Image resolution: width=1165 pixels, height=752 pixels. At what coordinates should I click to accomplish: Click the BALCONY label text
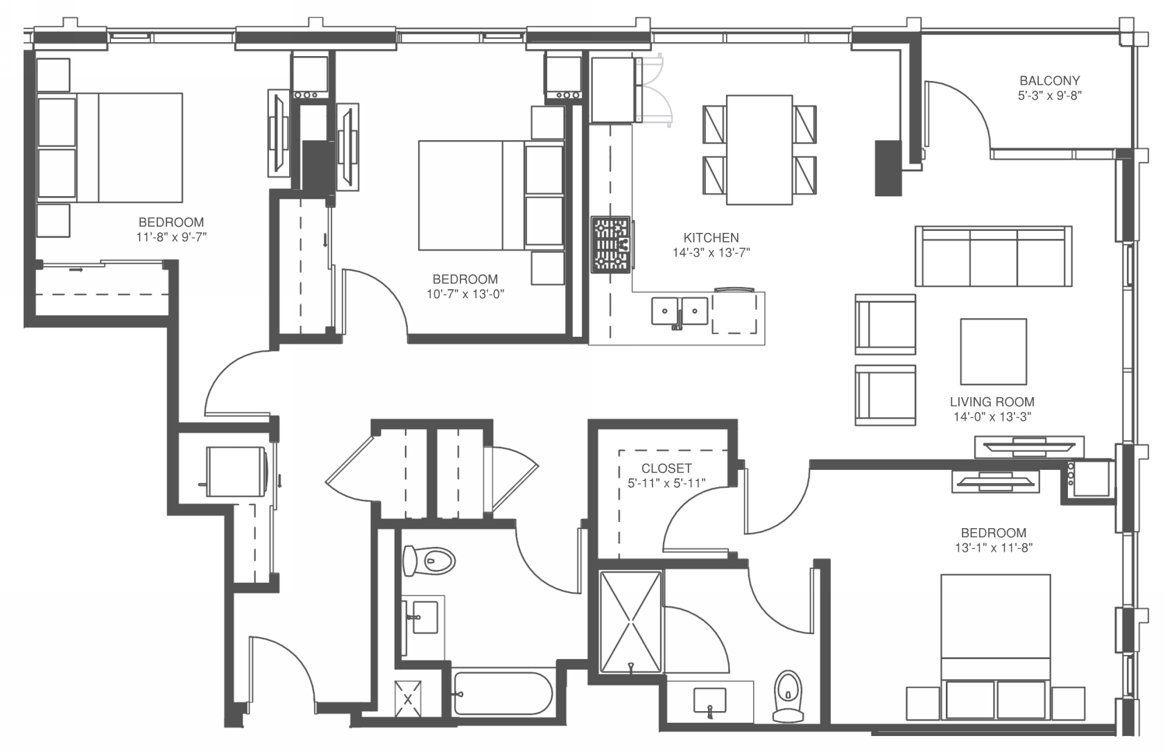(1049, 81)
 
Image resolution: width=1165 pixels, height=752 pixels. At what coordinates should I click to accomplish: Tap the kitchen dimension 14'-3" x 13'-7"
(711, 253)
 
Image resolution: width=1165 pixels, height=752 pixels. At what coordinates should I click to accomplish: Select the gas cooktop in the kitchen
(611, 243)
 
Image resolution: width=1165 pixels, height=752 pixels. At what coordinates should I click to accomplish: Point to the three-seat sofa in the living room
(993, 256)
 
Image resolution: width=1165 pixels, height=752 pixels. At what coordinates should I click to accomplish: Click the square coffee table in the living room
(993, 351)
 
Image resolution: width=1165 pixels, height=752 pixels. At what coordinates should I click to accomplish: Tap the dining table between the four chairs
(759, 150)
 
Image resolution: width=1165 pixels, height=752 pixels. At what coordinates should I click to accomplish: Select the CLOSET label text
(666, 469)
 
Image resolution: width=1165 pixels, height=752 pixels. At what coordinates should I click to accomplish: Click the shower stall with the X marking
(630, 622)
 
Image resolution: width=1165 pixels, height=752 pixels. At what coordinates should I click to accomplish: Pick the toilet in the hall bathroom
(430, 560)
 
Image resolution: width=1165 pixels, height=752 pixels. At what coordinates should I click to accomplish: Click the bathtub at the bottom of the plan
(503, 693)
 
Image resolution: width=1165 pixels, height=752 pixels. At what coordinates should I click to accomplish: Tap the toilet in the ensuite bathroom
(788, 694)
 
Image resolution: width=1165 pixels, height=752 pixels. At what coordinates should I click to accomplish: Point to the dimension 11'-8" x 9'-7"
(171, 237)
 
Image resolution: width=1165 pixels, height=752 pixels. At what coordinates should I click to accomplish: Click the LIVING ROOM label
(992, 402)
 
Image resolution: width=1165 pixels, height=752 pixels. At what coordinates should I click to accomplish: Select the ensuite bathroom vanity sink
(709, 700)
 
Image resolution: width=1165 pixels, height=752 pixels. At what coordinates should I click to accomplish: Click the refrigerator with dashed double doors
(613, 90)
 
